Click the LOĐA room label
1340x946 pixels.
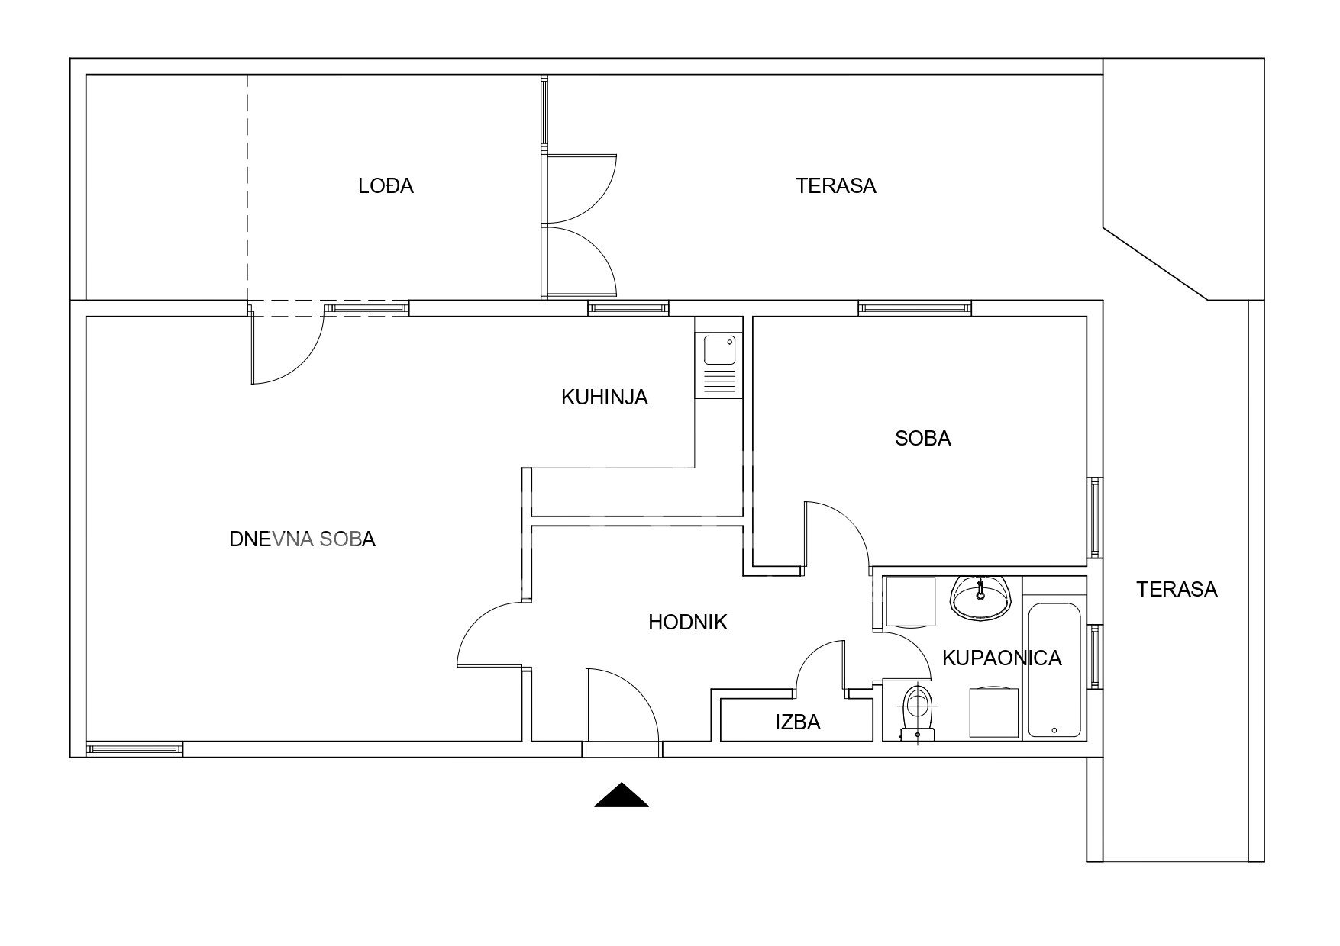click(x=386, y=185)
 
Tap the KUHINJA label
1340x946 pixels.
click(x=604, y=397)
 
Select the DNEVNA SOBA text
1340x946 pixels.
click(x=302, y=539)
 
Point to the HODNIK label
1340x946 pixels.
click(x=687, y=623)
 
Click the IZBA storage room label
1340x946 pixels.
click(x=798, y=722)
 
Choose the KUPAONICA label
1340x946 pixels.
click(x=1002, y=658)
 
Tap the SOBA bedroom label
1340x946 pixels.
click(x=923, y=439)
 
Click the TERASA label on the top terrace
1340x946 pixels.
click(x=836, y=185)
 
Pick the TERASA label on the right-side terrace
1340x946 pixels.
click(x=1177, y=589)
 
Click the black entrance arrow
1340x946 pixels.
click(x=622, y=796)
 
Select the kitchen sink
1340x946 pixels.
click(x=718, y=351)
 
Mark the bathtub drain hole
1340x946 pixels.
click(x=1054, y=730)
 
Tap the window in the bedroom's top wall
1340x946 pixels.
click(x=915, y=308)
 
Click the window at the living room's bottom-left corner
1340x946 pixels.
click(x=134, y=749)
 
